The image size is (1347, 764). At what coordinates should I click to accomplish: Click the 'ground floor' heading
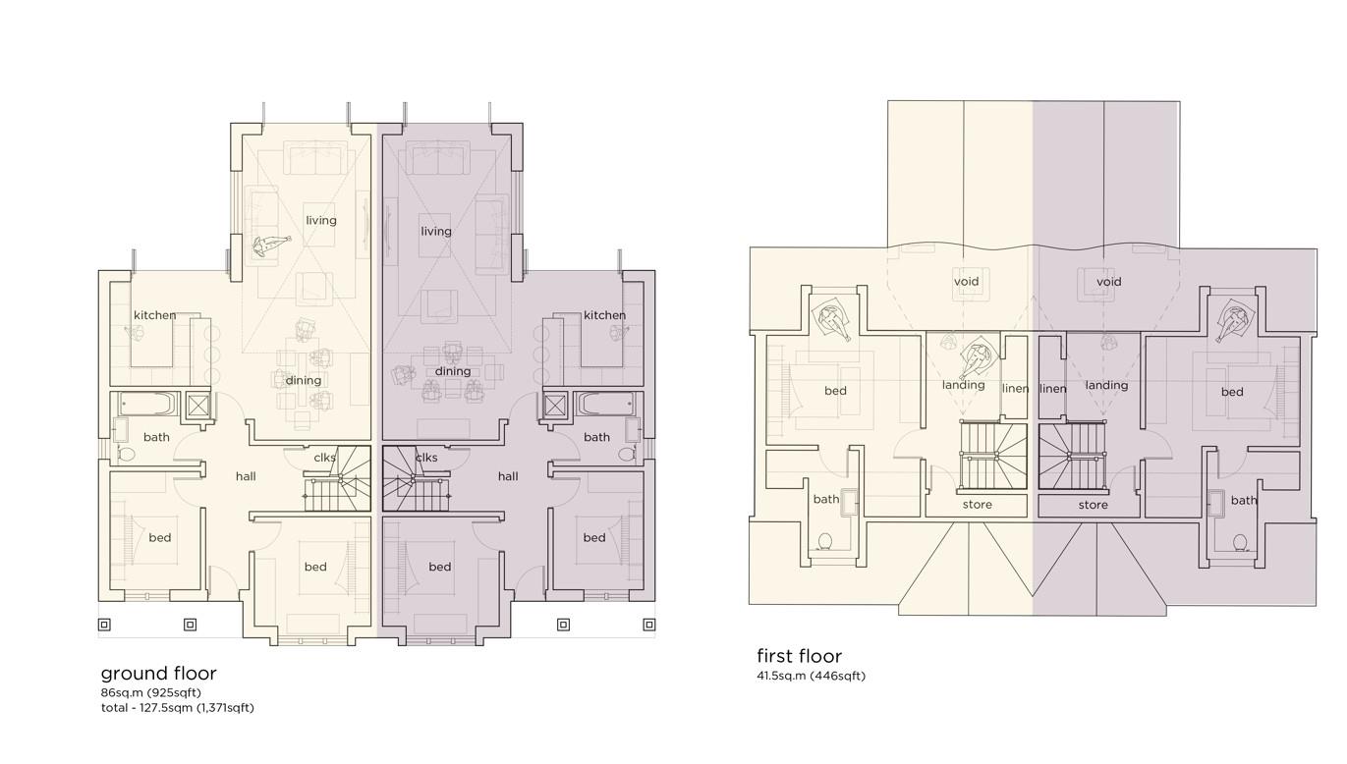pyautogui.click(x=159, y=674)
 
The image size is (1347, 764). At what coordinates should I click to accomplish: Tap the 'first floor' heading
pyautogui.click(x=799, y=656)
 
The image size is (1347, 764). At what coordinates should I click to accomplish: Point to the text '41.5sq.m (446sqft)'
pyautogui.click(x=811, y=676)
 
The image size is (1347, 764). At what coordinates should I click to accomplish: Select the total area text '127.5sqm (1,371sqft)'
pyautogui.click(x=196, y=707)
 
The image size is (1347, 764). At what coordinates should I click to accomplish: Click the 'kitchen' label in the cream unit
pyautogui.click(x=154, y=315)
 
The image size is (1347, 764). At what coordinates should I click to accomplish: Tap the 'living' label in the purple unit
pyautogui.click(x=436, y=232)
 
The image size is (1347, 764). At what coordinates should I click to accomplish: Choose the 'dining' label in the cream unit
pyautogui.click(x=303, y=380)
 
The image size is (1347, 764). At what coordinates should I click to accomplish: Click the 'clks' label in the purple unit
pyautogui.click(x=426, y=458)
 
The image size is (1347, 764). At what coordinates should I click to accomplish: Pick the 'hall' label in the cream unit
pyautogui.click(x=246, y=476)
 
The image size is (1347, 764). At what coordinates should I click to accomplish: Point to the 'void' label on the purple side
pyautogui.click(x=1108, y=282)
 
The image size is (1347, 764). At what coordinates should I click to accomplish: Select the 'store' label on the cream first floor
pyautogui.click(x=977, y=505)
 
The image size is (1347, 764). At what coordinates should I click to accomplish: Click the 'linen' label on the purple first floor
pyautogui.click(x=1053, y=389)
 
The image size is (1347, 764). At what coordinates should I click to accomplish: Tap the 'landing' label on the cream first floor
pyautogui.click(x=964, y=385)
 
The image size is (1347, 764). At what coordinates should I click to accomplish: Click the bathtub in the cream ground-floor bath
pyautogui.click(x=148, y=404)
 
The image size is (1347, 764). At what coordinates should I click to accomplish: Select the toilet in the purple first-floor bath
pyautogui.click(x=1239, y=543)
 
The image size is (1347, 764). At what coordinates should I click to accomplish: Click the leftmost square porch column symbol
pyautogui.click(x=104, y=626)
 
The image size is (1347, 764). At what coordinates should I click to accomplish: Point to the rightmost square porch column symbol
pyautogui.click(x=648, y=626)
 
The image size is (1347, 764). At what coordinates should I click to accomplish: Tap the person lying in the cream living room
pyautogui.click(x=270, y=245)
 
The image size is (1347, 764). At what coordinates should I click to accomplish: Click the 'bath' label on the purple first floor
pyautogui.click(x=1244, y=501)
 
